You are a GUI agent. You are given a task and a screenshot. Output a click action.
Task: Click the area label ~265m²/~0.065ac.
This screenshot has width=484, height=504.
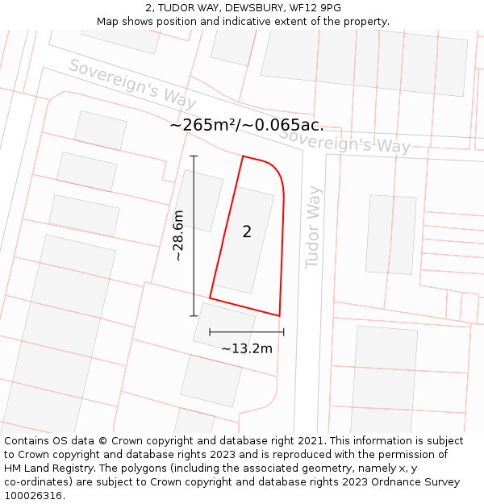pyautogui.click(x=247, y=125)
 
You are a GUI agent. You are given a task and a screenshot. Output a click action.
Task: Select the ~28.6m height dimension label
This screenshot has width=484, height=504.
pyautogui.click(x=178, y=235)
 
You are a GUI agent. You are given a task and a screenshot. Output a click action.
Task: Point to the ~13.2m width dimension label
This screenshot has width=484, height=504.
pyautogui.click(x=247, y=348)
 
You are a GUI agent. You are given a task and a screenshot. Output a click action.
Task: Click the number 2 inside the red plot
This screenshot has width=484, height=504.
pyautogui.click(x=247, y=232)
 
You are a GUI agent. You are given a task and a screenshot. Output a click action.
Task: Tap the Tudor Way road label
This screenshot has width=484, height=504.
pyautogui.click(x=313, y=227)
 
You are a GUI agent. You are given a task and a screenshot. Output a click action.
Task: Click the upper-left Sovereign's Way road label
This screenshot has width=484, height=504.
pyautogui.click(x=132, y=84)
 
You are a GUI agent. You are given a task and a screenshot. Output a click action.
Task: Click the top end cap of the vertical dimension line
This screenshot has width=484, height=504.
pyautogui.click(x=194, y=156)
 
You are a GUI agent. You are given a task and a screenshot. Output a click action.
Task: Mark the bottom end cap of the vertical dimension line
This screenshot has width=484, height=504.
pyautogui.click(x=194, y=315)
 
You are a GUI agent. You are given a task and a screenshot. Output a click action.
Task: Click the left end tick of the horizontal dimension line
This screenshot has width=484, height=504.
pyautogui.click(x=210, y=331)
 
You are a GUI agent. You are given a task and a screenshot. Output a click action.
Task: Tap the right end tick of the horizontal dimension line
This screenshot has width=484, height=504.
pyautogui.click(x=284, y=331)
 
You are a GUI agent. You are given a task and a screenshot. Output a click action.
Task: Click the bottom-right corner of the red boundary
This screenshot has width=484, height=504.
pyautogui.click(x=279, y=315)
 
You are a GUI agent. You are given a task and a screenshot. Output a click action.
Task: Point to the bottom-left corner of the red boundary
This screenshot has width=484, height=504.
pyautogui.click(x=210, y=298)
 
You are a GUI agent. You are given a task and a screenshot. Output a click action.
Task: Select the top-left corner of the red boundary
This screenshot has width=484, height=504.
pyautogui.click(x=243, y=156)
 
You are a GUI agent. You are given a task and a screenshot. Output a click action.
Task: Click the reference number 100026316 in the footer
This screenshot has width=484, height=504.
pyautogui.click(x=33, y=496)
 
